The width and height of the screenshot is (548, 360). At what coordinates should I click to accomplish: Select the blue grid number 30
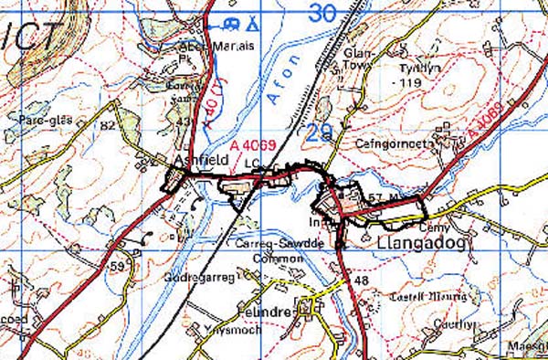point(321,13)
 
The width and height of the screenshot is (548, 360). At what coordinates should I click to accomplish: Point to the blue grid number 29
point(319,132)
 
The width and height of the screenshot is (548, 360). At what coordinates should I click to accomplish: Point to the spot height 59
point(116,267)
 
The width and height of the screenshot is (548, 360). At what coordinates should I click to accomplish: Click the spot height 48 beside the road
point(361,281)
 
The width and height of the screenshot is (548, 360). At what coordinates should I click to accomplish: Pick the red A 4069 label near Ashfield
point(253,145)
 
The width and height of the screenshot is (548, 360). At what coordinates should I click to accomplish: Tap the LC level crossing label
point(252,164)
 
